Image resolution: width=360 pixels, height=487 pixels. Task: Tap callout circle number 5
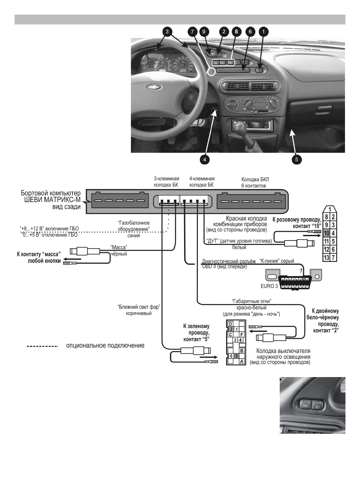[x=296, y=159]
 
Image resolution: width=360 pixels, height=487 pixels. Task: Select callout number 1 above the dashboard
[x=263, y=31]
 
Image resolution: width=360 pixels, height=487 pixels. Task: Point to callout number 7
[x=193, y=31]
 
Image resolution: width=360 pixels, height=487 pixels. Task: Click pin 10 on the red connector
[x=327, y=233]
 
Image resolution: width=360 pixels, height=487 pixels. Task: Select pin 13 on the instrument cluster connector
[x=327, y=257]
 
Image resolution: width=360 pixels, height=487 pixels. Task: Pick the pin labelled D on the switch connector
[x=231, y=323]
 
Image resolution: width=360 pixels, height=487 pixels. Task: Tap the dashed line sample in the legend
[x=42, y=345]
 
